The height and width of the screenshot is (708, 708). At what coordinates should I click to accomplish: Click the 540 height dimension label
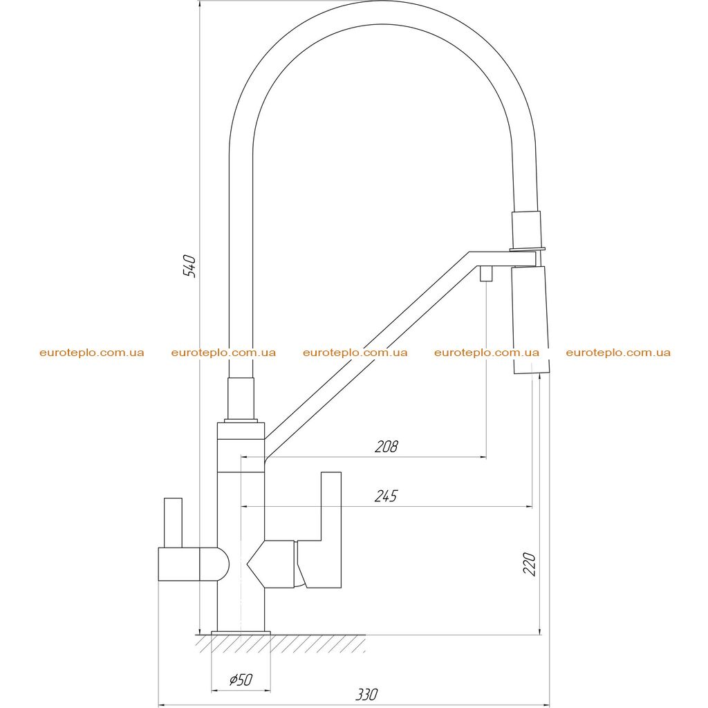189,266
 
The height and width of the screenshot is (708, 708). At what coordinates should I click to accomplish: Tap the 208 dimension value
386,447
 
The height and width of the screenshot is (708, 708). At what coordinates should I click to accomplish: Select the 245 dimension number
386,496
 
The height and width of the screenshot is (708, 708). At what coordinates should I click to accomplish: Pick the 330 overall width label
366,694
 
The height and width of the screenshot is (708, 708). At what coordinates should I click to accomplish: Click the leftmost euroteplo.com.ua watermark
92,353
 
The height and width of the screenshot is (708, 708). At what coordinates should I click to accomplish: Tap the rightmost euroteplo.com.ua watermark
618,353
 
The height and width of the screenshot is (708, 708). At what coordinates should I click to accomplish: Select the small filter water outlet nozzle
486,273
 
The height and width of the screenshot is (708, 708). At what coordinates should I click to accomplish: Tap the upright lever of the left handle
173,523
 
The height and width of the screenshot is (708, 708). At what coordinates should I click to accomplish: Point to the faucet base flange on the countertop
241,633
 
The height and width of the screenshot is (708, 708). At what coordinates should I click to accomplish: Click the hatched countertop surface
281,644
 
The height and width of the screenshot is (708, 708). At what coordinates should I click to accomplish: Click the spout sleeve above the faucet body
241,398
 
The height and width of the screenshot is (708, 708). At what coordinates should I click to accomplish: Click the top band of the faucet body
241,431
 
